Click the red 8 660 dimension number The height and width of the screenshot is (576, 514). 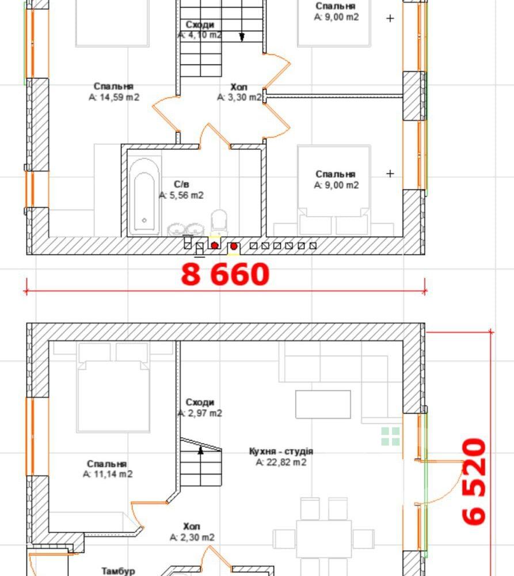(x=225, y=274)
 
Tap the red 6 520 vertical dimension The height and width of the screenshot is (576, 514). (x=474, y=481)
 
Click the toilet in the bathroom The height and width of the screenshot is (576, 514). (x=219, y=222)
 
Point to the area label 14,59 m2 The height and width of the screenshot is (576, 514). (x=114, y=97)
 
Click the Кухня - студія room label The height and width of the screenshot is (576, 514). (x=281, y=452)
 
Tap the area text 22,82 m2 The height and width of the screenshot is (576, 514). (x=281, y=462)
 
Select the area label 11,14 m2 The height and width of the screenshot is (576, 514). (x=108, y=474)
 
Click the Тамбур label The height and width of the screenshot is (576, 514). (x=118, y=571)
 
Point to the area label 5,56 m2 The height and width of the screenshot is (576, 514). (x=181, y=195)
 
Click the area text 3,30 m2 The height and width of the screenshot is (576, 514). (x=239, y=97)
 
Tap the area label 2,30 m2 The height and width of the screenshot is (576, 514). (x=192, y=538)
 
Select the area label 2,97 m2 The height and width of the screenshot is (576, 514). (x=200, y=413)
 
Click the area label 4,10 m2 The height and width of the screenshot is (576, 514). (x=200, y=35)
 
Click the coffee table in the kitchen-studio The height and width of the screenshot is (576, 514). (x=323, y=404)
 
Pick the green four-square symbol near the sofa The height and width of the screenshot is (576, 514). (x=390, y=437)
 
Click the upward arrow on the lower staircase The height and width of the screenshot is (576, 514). (x=200, y=450)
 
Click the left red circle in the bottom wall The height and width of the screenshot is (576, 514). (x=215, y=245)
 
